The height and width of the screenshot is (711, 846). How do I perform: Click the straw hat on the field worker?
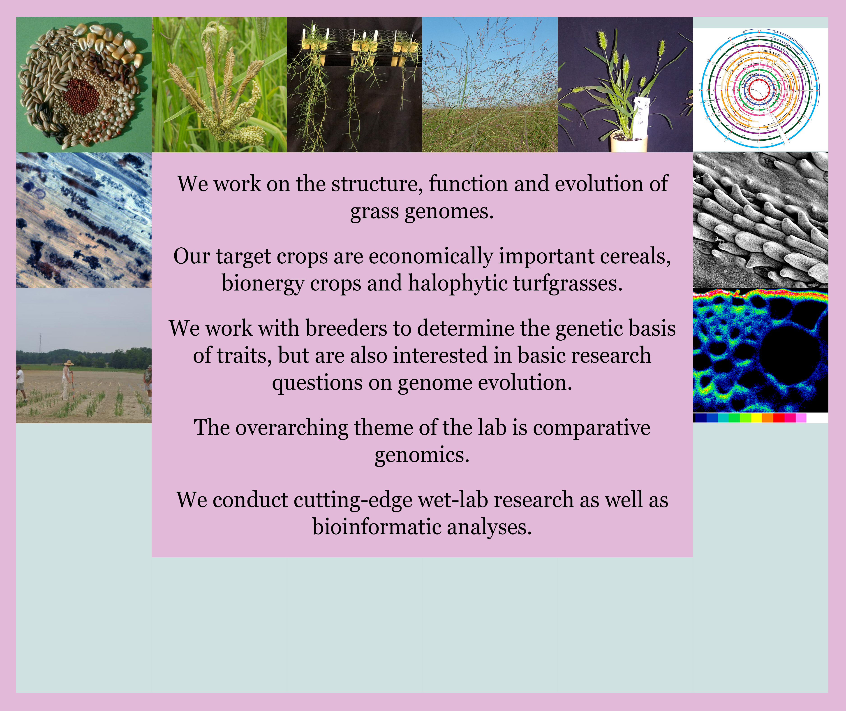69,363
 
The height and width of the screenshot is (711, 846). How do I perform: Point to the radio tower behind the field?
40,343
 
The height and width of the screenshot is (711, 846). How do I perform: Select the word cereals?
635,257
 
